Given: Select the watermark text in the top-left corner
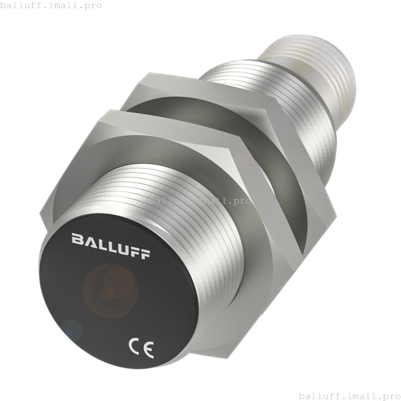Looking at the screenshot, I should tap(51, 6).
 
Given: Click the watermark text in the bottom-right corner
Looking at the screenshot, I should tap(350, 396).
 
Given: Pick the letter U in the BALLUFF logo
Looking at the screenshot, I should tap(121, 248).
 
